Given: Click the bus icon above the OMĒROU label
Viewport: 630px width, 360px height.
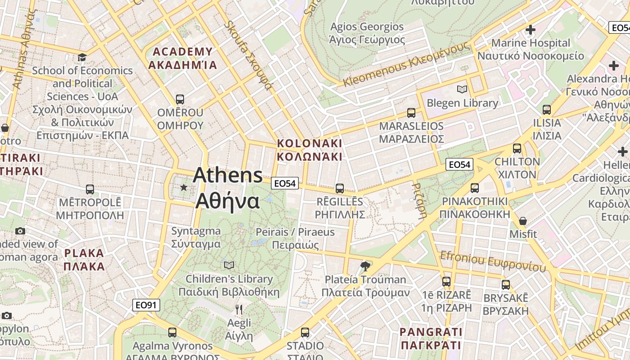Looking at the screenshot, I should [180, 99].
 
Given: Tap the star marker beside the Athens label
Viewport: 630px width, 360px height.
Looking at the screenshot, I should [184, 187].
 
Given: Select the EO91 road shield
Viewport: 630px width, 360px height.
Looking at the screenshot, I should [147, 306].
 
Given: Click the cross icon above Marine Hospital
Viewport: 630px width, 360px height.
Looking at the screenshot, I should [531, 30].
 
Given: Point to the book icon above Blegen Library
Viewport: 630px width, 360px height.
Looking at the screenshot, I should [462, 89].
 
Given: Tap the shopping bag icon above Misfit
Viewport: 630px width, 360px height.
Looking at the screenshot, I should [523, 221].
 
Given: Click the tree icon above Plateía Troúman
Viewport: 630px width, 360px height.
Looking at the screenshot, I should [365, 266].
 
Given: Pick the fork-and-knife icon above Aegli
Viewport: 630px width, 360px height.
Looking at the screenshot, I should [239, 310].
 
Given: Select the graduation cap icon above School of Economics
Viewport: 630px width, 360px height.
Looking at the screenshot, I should [82, 57].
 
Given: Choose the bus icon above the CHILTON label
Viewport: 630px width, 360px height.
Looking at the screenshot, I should [517, 148].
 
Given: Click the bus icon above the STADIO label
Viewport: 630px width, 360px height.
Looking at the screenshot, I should [305, 333].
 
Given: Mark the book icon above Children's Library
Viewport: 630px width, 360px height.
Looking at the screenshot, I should [229, 265].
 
